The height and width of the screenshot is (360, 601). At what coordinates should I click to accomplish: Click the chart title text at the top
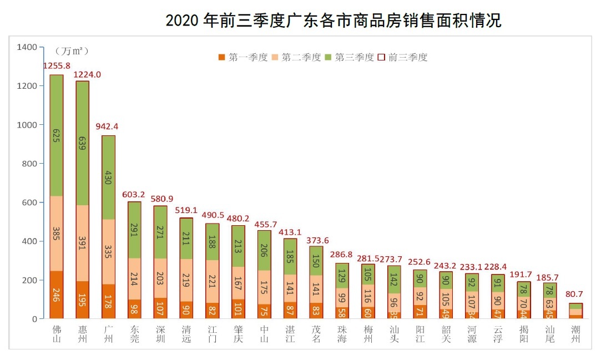click(333, 21)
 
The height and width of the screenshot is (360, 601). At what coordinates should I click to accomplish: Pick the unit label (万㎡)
click(72, 51)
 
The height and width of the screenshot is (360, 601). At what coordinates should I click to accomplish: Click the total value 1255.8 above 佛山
click(57, 66)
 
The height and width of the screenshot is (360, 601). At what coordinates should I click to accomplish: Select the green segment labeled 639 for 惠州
click(83, 143)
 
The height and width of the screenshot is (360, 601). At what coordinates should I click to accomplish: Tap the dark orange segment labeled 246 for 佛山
click(57, 295)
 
